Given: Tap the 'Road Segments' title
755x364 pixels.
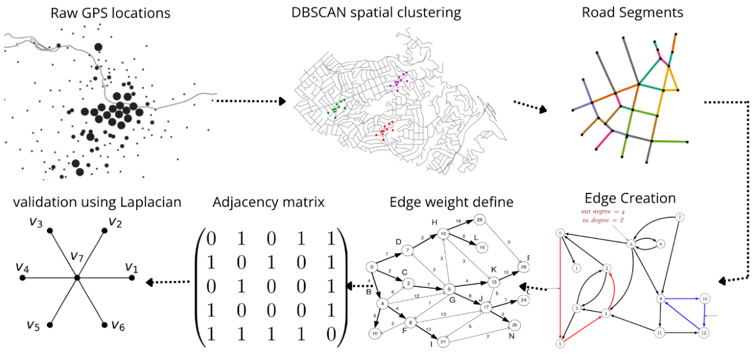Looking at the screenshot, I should (632, 12).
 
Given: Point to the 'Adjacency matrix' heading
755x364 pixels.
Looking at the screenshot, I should (268, 202).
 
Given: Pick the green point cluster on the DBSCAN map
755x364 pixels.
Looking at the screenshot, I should (338, 107).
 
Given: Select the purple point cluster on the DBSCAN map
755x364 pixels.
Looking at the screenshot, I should (399, 81).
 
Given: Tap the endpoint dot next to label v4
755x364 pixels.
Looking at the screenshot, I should (23, 277).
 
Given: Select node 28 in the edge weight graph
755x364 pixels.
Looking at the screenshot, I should (480, 220).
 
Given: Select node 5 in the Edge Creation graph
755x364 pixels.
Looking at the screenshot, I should (559, 343).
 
